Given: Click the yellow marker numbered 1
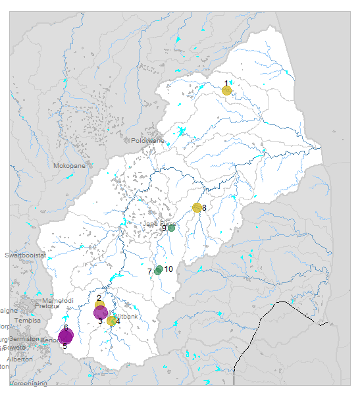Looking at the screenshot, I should (226, 90).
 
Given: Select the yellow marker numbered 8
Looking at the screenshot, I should (196, 208).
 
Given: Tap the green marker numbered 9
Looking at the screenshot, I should (171, 228).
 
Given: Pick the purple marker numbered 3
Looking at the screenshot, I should (101, 313).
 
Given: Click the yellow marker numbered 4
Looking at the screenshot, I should (111, 321).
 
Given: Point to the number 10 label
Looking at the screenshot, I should (168, 269).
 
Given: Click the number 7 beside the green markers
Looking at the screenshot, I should (150, 272).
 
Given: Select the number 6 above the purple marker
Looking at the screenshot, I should (66, 327).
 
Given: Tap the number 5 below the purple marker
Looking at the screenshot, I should (64, 346).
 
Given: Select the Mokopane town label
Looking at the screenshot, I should (69, 166).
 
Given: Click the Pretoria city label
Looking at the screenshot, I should (47, 306).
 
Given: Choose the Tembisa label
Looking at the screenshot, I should (27, 321).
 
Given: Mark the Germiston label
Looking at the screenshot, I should (24, 339).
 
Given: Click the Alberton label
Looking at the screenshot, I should (20, 359).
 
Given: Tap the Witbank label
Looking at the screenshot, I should (126, 317).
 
